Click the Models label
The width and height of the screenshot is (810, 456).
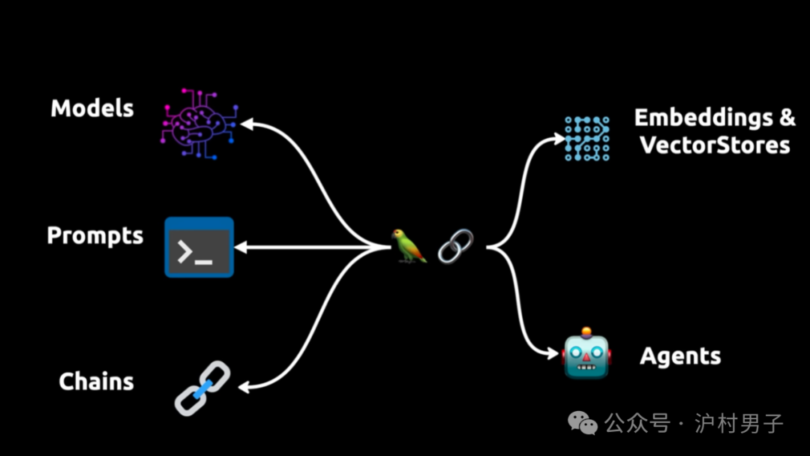coord(92,108)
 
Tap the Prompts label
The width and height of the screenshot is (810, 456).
coord(94,235)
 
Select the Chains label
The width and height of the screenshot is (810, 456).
coord(96,381)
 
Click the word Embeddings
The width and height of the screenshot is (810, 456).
coord(703,118)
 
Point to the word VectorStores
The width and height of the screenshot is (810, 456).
coord(714,144)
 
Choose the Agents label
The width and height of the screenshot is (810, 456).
coord(680,356)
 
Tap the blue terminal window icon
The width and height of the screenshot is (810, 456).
coord(199,247)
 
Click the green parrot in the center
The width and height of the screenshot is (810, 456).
coord(409,246)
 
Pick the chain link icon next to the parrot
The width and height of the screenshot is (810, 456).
coord(455,246)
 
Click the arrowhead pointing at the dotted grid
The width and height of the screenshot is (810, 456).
coord(558,138)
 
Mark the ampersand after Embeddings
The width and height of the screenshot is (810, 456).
coord(785,118)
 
